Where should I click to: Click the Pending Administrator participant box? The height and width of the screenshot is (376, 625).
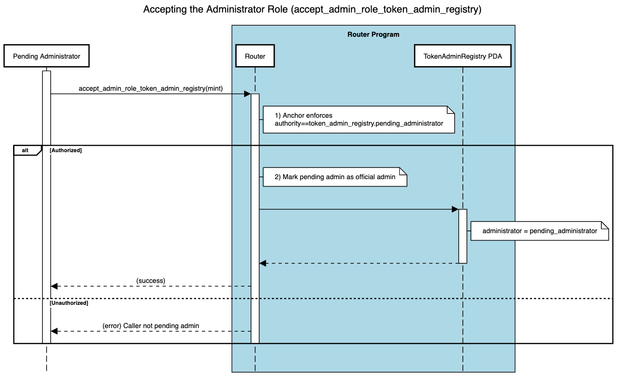click(46, 56)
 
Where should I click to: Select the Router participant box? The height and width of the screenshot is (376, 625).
click(255, 56)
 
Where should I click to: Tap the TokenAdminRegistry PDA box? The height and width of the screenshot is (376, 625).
click(462, 56)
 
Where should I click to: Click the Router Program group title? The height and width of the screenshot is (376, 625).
click(373, 34)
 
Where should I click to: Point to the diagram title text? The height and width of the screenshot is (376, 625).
click(312, 9)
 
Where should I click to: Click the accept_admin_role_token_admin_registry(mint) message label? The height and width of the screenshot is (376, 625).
click(150, 88)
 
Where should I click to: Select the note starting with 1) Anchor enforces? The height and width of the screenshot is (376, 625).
click(359, 120)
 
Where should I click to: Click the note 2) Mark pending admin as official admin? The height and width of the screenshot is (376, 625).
click(335, 177)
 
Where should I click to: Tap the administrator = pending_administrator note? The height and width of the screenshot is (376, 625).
click(539, 231)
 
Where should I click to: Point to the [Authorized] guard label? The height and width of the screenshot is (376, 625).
click(66, 150)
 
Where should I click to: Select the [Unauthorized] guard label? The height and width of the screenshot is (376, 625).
click(68, 303)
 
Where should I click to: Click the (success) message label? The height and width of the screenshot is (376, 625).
click(150, 281)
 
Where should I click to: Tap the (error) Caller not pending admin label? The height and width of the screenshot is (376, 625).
click(150, 326)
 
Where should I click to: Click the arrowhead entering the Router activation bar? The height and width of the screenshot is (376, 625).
click(247, 94)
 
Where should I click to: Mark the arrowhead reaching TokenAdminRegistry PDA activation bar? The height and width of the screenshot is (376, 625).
click(455, 209)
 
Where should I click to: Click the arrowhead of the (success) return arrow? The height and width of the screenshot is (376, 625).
click(54, 286)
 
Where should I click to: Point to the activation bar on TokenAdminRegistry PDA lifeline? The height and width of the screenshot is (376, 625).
click(462, 236)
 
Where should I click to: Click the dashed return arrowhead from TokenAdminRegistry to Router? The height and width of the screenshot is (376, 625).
click(263, 263)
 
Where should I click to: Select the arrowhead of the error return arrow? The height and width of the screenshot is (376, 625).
click(54, 331)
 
